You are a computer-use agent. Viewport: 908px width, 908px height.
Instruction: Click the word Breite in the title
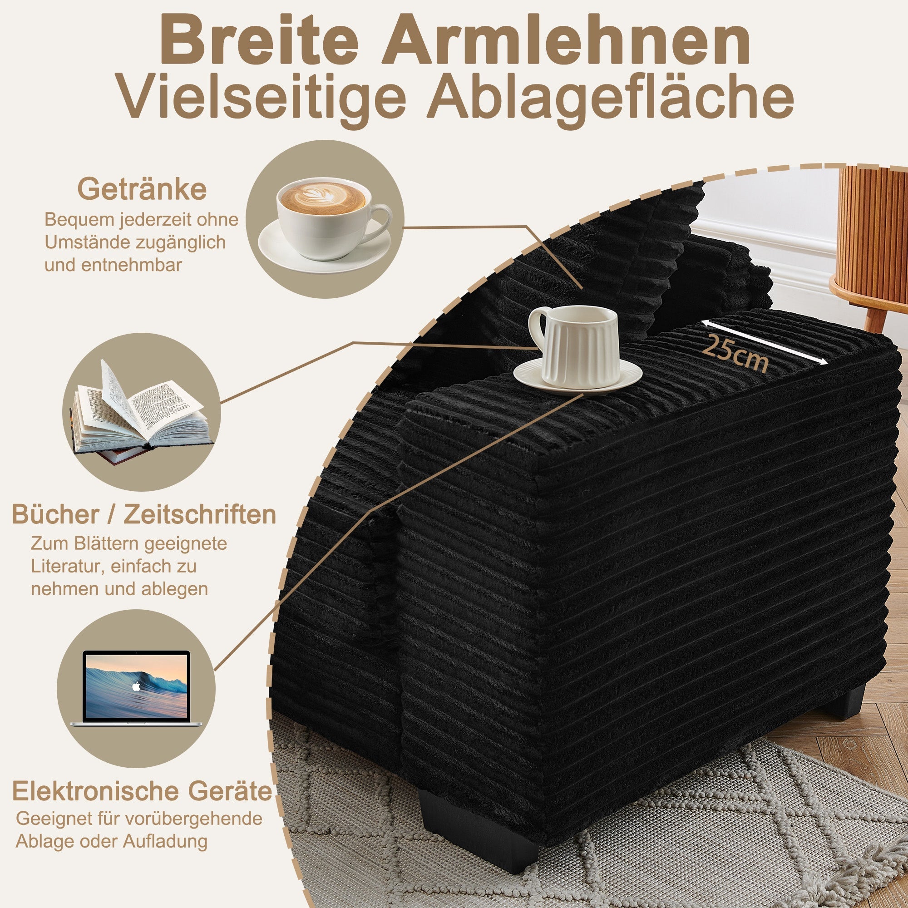[259, 41]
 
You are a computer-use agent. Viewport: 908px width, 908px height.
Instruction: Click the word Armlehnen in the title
[566, 41]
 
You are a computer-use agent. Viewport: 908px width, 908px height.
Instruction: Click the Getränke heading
[142, 189]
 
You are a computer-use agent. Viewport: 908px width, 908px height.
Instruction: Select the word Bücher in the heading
[55, 514]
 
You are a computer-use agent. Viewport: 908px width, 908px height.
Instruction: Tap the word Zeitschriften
[200, 514]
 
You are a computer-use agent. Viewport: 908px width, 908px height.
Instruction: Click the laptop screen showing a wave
[136, 686]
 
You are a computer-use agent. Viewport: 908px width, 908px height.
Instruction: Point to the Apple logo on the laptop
[136, 686]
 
